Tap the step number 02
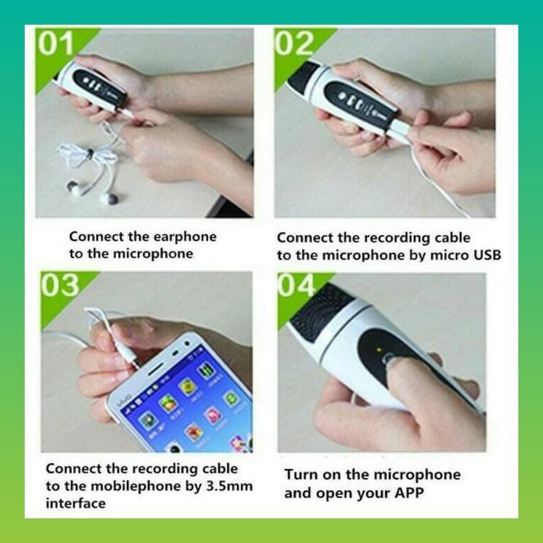click(295, 44)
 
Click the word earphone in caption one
click(182, 237)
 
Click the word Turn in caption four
click(302, 474)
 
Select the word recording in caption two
click(400, 238)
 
